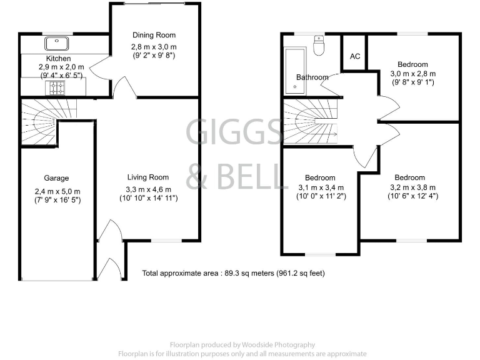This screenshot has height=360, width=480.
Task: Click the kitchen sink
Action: (56, 43)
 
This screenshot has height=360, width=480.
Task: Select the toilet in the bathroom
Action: (319, 46)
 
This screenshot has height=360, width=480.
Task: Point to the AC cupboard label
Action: (355, 57)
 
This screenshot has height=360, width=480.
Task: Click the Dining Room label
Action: (154, 35)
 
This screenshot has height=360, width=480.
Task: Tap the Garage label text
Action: (56, 178)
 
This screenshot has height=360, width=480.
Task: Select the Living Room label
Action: (149, 177)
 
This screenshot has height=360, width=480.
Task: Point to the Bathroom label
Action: (312, 77)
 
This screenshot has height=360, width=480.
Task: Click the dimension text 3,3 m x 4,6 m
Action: (149, 189)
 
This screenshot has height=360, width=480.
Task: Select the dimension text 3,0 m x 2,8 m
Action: (412, 74)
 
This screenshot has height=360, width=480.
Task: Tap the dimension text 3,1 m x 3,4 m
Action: (320, 187)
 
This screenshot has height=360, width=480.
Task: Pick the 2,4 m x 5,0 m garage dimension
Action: (57, 191)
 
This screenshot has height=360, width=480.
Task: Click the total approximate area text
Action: (234, 273)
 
